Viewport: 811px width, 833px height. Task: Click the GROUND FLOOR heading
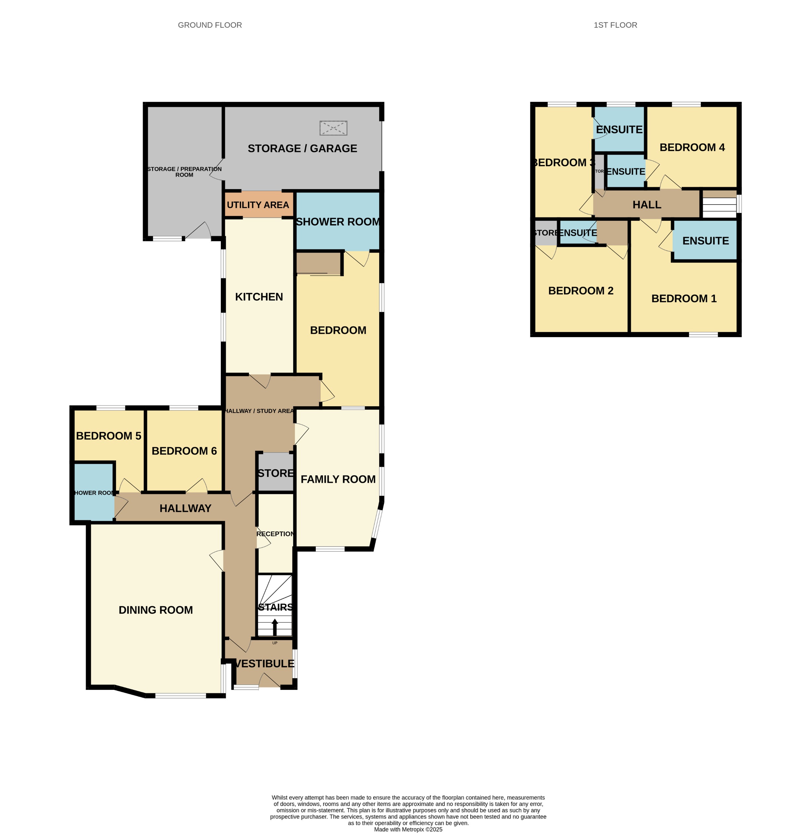[210, 25]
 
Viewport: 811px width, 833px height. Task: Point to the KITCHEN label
[259, 297]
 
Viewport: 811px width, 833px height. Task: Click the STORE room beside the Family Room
[275, 473]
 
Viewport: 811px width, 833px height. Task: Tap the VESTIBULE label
[264, 663]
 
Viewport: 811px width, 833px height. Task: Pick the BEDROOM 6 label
[184, 451]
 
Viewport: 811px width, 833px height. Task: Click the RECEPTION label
[275, 534]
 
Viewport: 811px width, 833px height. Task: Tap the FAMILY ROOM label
[338, 479]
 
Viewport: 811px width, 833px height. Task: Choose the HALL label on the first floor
[647, 205]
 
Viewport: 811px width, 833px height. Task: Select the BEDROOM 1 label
[684, 298]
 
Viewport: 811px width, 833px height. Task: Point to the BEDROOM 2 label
[581, 291]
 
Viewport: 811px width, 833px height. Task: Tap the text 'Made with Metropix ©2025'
[408, 829]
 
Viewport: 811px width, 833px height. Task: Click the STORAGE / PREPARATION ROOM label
[184, 172]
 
